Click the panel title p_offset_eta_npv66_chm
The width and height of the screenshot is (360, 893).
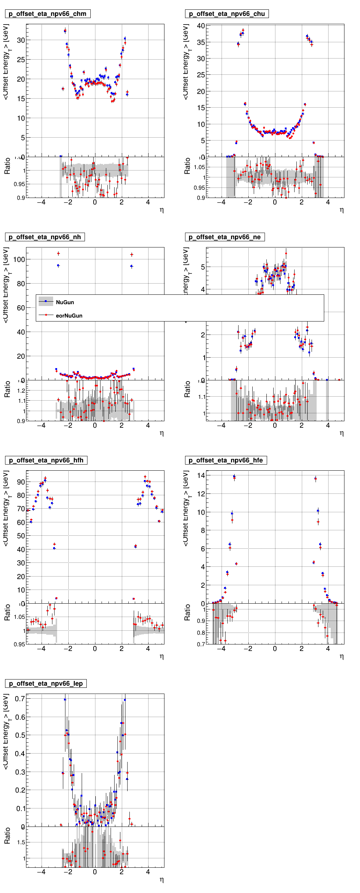(47, 14)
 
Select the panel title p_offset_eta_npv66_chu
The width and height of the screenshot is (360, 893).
(227, 14)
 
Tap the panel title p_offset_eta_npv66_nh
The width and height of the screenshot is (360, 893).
(45, 237)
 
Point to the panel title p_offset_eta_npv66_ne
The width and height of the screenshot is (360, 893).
(224, 237)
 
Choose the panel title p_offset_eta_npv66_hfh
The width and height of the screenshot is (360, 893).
(46, 461)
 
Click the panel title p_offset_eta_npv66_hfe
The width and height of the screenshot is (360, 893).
(226, 461)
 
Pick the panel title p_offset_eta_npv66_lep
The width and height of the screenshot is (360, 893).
(46, 684)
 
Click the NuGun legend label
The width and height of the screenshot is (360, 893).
(65, 302)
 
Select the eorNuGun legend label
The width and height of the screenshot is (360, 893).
(69, 316)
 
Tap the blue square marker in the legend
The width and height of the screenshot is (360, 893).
(46, 301)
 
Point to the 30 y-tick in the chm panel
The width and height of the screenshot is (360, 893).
(21, 40)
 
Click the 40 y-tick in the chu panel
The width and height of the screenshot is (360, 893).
(201, 26)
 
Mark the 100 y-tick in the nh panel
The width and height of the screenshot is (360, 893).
(19, 259)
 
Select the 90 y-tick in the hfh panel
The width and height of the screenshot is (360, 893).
(21, 482)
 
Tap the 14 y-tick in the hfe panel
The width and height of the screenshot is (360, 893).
(201, 475)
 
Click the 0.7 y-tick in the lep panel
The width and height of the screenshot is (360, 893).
(20, 699)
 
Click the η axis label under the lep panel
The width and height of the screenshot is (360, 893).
(162, 880)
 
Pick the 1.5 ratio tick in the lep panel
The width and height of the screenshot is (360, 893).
(21, 842)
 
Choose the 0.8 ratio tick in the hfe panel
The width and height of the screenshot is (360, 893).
(201, 633)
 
